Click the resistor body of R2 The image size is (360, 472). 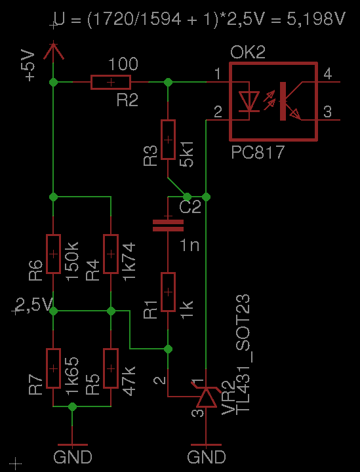tap(111, 82)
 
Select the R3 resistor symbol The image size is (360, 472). tap(168, 140)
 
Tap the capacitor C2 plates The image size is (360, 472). tap(168, 226)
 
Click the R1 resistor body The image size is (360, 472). tap(168, 292)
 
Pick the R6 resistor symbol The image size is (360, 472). tap(53, 254)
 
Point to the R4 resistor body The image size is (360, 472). tap(111, 254)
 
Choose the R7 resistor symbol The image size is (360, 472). tap(53, 368)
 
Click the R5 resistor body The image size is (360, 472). tap(111, 368)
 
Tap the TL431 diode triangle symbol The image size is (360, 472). tap(206, 397)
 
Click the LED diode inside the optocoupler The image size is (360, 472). tap(249, 102)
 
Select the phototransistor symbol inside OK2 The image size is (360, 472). tap(290, 101)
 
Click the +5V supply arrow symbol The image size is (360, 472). tap(53, 50)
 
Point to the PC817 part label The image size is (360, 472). tap(258, 153)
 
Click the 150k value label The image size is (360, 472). tap(72, 261)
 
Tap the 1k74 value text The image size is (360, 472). tap(129, 262)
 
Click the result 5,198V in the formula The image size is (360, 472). tap(316, 19)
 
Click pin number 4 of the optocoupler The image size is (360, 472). tap(327, 73)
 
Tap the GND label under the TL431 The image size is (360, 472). tap(206, 457)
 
